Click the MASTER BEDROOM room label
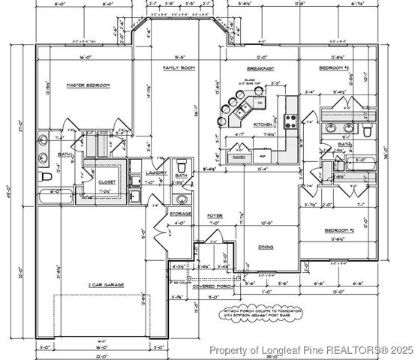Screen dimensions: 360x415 [87, 85]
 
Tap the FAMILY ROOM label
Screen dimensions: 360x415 [179, 67]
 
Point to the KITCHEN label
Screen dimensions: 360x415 [262, 124]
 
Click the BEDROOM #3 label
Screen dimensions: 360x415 [335, 67]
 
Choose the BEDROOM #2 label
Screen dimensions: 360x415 [339, 229]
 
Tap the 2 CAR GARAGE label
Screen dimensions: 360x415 [105, 284]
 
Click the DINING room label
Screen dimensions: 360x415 [266, 246]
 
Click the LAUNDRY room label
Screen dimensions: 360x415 [155, 172]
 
